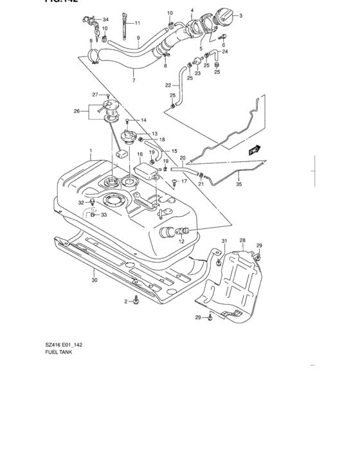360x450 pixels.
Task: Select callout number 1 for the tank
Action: pyautogui.click(x=91, y=154)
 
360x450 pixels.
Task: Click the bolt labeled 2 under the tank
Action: pyautogui.click(x=136, y=300)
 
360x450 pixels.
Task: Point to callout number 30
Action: pyautogui.click(x=95, y=279)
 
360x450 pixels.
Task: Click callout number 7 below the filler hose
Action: pyautogui.click(x=134, y=81)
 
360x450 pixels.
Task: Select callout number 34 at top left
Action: pyautogui.click(x=106, y=19)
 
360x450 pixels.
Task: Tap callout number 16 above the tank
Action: pyautogui.click(x=139, y=155)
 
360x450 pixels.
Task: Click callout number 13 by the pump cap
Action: pyautogui.click(x=155, y=134)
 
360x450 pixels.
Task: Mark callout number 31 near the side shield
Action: pyautogui.click(x=225, y=241)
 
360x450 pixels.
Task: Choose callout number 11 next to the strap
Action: pyautogui.click(x=138, y=23)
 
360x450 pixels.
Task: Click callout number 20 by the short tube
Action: pyautogui.click(x=183, y=158)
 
